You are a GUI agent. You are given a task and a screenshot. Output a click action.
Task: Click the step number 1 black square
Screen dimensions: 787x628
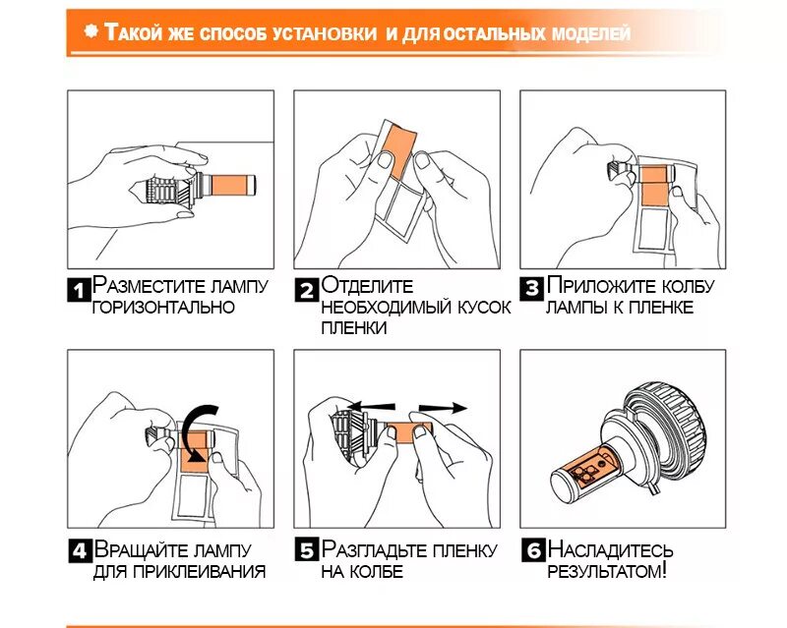[x=79, y=289]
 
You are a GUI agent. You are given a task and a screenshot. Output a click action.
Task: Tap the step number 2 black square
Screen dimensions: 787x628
[x=306, y=289]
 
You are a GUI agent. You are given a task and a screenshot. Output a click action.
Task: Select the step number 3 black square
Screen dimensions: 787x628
[x=532, y=288]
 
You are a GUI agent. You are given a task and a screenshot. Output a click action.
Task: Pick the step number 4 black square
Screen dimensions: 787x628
[x=80, y=551]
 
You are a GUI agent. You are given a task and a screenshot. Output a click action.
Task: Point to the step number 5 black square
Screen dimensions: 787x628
[x=307, y=551]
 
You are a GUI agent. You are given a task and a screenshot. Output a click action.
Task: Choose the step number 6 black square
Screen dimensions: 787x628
[x=533, y=550]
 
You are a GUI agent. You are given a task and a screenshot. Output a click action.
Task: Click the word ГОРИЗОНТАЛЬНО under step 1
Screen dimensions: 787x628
[x=163, y=307]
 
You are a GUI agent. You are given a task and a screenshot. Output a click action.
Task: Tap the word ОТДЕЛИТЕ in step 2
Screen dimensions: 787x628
[x=367, y=285]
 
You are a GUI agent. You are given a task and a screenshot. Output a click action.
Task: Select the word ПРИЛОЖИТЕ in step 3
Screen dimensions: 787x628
[x=601, y=285]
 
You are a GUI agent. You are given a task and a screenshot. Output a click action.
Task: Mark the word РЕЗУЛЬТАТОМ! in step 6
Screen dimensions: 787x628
[x=607, y=571]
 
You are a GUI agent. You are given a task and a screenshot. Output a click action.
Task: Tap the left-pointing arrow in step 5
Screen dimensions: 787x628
[x=371, y=406]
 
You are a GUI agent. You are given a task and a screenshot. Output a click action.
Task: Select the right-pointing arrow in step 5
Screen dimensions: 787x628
[x=443, y=408]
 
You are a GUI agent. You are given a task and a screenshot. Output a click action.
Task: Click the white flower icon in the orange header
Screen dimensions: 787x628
[x=91, y=31]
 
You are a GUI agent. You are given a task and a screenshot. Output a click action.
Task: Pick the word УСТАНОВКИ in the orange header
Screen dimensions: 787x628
[x=325, y=33]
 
